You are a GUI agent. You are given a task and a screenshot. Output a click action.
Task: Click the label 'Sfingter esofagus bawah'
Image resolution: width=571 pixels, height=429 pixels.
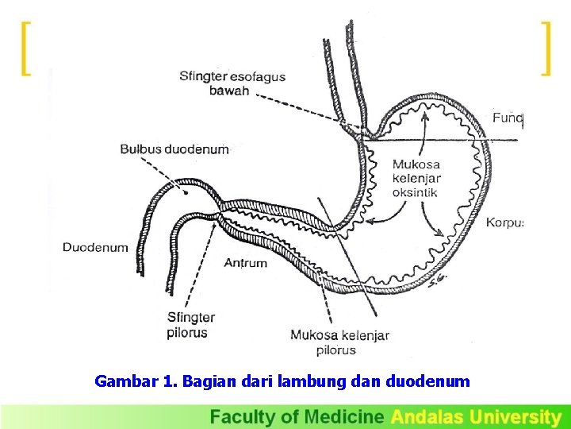232,83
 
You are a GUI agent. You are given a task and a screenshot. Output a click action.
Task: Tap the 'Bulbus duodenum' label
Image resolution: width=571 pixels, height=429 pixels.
174,149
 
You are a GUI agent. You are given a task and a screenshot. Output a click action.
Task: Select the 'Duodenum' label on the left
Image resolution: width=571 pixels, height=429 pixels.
95,247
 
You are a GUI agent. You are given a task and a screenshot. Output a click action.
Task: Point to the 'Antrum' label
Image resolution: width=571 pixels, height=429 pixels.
246,263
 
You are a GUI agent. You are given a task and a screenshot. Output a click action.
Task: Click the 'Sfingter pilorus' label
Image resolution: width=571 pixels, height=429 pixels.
190,325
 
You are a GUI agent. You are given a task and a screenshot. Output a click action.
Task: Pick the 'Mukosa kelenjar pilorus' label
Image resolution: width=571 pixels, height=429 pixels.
339,342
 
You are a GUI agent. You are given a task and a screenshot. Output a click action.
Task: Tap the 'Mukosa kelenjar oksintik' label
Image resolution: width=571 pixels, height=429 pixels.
416,178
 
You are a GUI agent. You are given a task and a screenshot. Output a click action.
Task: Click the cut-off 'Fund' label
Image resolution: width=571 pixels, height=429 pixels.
508,118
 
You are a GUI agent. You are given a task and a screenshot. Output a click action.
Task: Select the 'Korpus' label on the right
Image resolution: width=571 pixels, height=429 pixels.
504,222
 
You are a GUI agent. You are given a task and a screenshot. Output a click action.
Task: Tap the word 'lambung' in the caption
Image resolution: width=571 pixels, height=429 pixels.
316,381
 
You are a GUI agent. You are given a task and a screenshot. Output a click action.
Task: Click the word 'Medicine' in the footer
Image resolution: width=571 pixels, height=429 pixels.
345,416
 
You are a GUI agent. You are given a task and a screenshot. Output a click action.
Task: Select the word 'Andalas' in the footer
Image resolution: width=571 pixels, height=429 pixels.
428,416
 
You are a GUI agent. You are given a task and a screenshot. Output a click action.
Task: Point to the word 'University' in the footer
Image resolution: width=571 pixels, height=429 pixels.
515,416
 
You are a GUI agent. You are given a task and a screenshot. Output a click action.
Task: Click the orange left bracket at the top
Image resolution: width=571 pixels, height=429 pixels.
26,49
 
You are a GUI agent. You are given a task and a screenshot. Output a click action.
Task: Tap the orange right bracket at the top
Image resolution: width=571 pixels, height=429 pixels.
545,49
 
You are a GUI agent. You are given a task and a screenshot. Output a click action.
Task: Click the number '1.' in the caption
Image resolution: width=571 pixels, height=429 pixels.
169,381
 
